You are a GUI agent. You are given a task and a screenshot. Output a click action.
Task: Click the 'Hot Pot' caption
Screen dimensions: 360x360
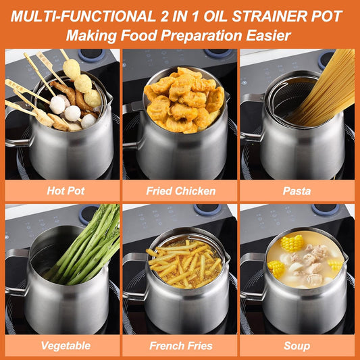coord(66,190)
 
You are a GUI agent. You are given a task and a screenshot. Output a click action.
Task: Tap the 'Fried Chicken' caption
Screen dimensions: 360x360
coord(181,190)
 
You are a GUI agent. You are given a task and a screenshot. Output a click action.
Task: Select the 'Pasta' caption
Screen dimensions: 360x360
coord(297,190)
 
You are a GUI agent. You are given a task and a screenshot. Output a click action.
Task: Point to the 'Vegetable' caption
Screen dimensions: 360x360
coord(66,345)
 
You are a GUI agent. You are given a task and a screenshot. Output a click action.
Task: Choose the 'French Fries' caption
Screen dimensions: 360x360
coord(181,345)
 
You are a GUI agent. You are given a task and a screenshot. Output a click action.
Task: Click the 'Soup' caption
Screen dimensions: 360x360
coord(297,345)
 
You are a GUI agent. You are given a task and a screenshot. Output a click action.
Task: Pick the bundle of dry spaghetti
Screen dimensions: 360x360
coord(331,88)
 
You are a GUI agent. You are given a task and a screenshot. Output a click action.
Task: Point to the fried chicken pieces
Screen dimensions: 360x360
coord(182,98)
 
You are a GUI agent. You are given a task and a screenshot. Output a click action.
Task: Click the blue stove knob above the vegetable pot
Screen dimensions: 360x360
coord(88,214)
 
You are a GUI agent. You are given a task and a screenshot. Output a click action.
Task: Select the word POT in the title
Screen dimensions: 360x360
coord(327,15)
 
